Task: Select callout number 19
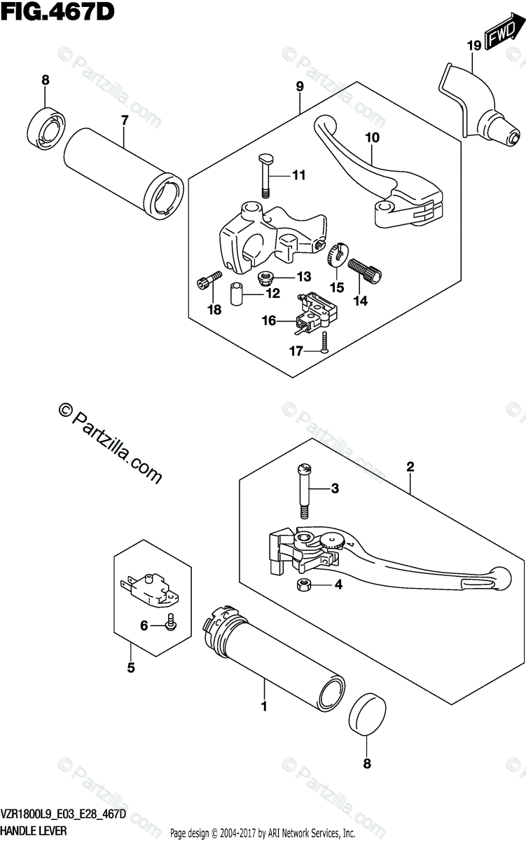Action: click(x=473, y=46)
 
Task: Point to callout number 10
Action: click(x=371, y=138)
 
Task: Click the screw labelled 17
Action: click(x=325, y=343)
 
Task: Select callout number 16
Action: click(x=269, y=320)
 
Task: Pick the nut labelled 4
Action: click(x=303, y=584)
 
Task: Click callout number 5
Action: click(x=130, y=668)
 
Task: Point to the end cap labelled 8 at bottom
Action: click(x=369, y=714)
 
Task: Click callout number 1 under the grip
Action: click(x=264, y=706)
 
